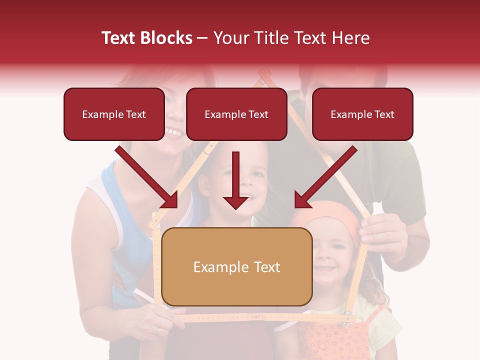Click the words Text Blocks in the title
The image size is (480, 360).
pos(147,38)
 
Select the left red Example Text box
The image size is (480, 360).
pos(114,114)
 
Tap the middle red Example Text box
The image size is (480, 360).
pos(236,114)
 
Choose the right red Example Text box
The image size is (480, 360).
pos(362,114)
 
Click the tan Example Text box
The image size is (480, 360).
pos(236,267)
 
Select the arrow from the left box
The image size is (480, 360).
pos(147,177)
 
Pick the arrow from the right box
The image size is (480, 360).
pos(325,177)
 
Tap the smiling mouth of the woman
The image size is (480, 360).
pos(174,132)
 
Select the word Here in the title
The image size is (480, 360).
pos(352,38)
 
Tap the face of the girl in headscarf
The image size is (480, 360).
pos(331,255)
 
